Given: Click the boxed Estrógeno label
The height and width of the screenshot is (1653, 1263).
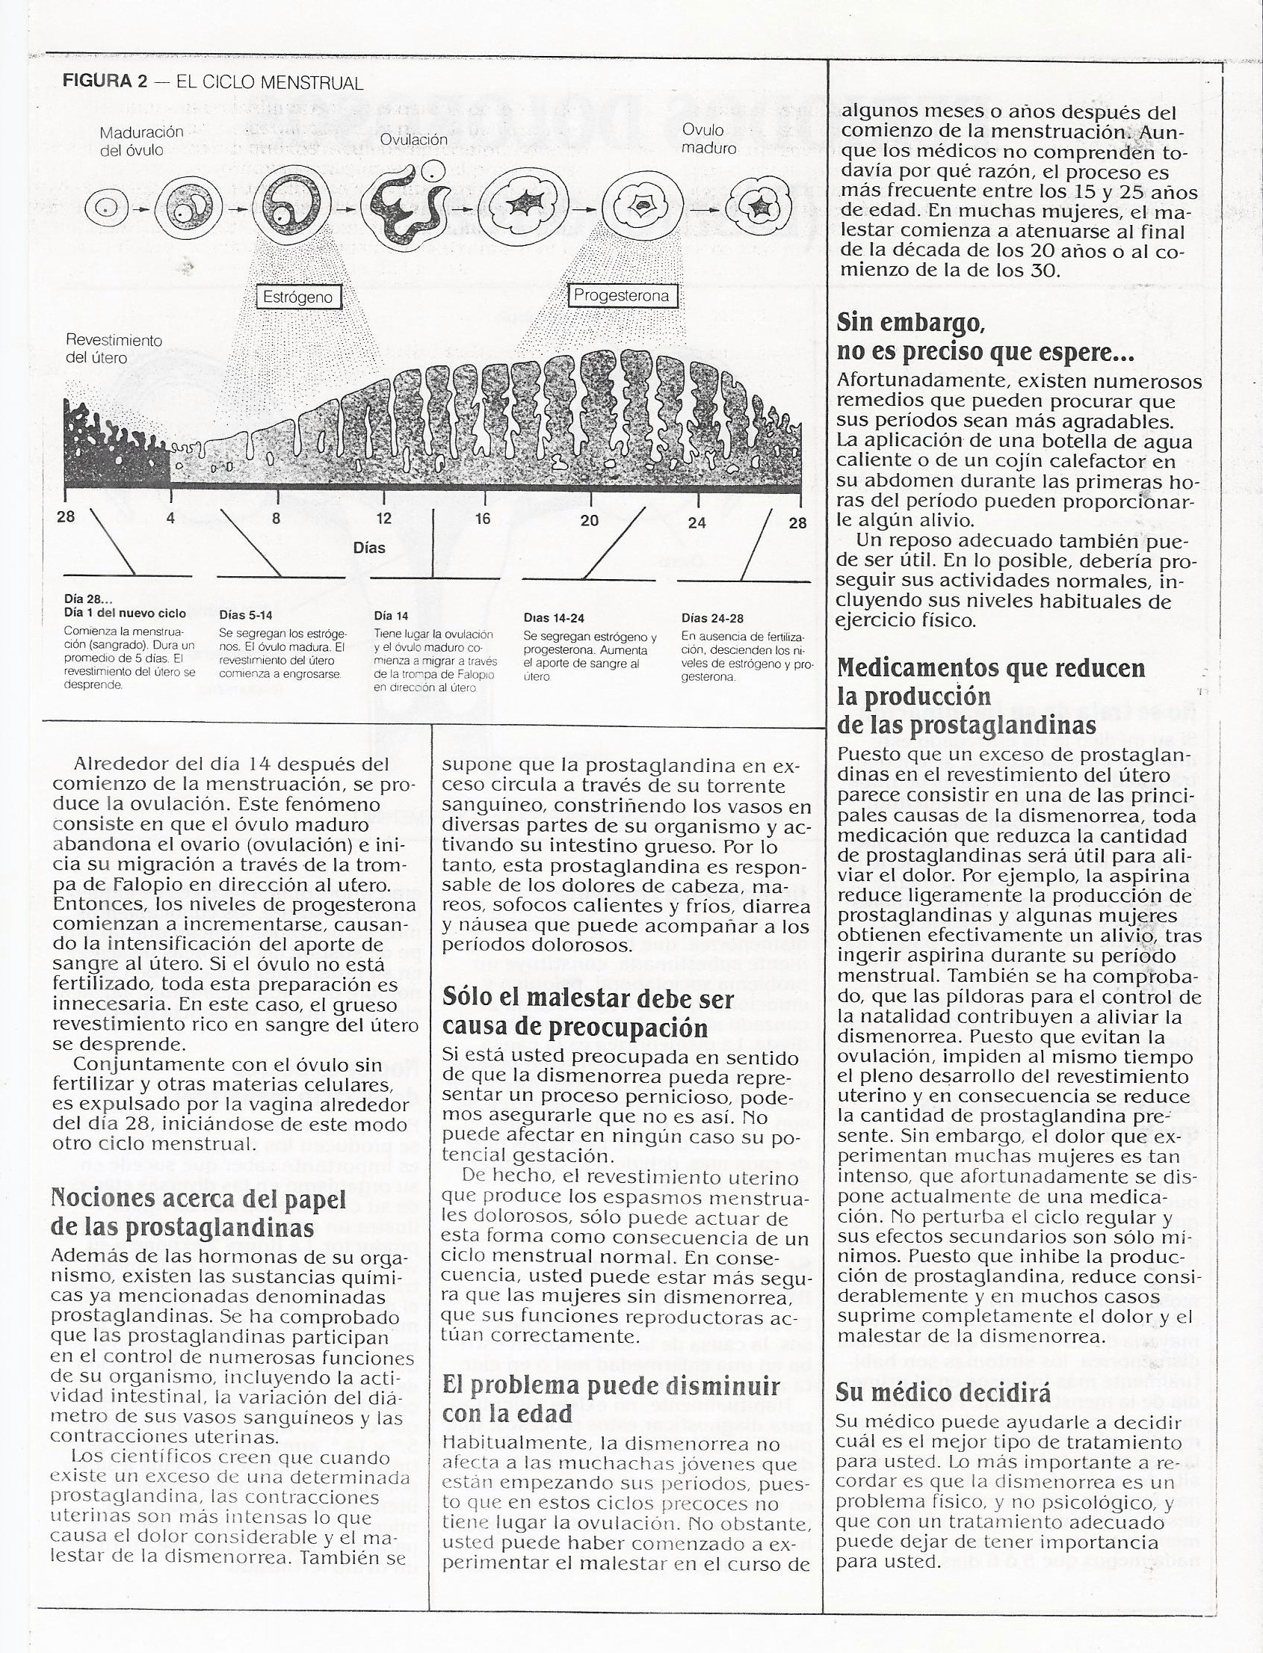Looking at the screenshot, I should click(x=298, y=297).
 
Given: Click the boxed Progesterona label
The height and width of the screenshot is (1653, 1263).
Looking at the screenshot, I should click(x=621, y=295).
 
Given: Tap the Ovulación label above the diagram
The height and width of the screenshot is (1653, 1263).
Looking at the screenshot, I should click(x=413, y=139).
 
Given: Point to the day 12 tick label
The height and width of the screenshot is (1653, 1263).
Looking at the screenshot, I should click(x=383, y=518).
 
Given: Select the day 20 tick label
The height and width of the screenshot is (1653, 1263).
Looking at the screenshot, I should click(x=590, y=519).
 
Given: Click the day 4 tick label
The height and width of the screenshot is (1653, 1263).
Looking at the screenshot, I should click(x=170, y=517).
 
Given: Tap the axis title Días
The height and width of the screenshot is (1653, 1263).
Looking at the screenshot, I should click(x=369, y=547).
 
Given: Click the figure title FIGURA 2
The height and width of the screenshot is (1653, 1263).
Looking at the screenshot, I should click(x=105, y=82).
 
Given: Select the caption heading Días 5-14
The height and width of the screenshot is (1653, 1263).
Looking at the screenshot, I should click(x=245, y=615).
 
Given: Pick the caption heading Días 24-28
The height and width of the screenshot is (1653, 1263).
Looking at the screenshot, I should click(x=712, y=618).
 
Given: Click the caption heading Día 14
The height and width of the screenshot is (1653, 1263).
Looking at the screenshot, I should click(x=391, y=616).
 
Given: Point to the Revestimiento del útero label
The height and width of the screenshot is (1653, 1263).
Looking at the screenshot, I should click(x=114, y=349).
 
